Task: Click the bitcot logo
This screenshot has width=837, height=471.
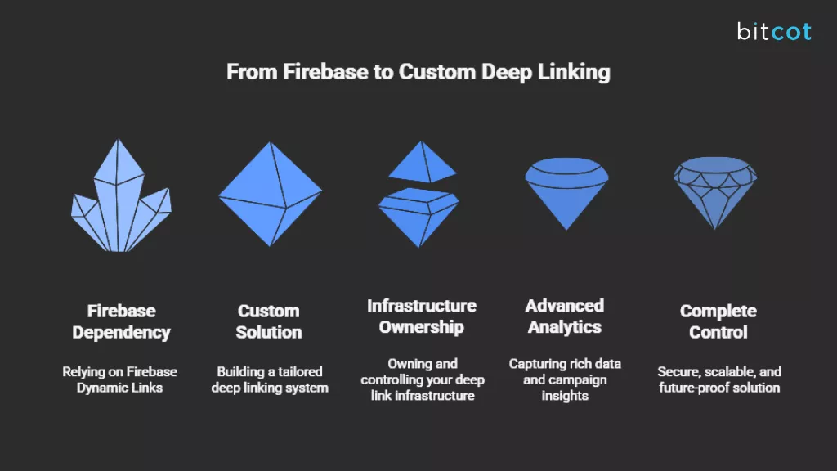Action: click(x=773, y=32)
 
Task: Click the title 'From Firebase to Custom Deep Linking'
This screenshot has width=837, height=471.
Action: click(x=418, y=72)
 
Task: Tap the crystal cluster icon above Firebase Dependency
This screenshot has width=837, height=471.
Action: click(x=121, y=200)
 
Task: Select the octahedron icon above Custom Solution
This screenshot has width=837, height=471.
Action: click(x=270, y=194)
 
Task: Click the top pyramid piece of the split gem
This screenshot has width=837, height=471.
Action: click(x=422, y=163)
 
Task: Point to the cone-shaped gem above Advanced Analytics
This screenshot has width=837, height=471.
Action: click(x=565, y=192)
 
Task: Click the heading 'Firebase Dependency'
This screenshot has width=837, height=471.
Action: click(x=121, y=321)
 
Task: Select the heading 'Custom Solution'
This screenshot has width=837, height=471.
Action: click(x=269, y=321)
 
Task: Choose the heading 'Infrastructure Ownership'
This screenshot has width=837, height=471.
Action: click(x=421, y=316)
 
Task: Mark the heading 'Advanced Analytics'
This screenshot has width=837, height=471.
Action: click(x=565, y=316)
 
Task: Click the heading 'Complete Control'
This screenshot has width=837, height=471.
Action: click(x=718, y=321)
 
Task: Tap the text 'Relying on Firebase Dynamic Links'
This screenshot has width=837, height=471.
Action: click(x=120, y=379)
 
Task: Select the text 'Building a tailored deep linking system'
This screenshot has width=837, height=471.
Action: click(x=270, y=379)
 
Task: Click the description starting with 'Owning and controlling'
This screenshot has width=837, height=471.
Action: click(x=422, y=379)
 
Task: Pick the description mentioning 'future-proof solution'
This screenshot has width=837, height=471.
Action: click(x=719, y=379)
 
